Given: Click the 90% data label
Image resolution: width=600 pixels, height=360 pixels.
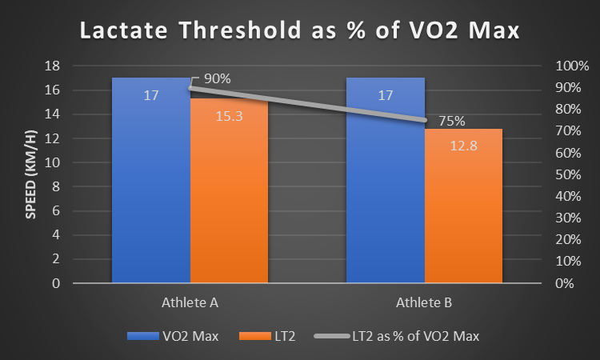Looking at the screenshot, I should coord(218,78).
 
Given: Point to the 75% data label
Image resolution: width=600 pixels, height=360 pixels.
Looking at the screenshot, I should coord(451,122).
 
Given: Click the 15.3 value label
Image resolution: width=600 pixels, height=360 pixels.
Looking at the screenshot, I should coord(228,116).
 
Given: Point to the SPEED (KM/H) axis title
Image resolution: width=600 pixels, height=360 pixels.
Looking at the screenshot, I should coord(31,174).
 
